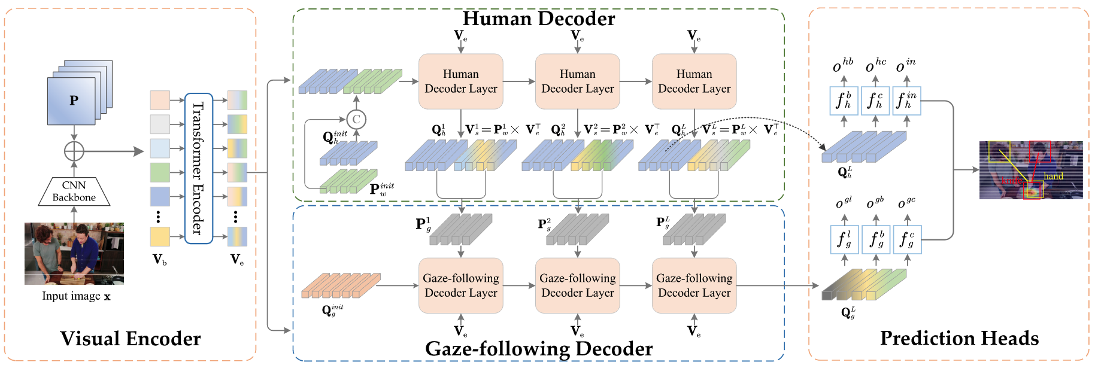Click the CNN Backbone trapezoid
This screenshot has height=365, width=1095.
tap(74, 191)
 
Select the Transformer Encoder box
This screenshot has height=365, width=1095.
tap(199, 168)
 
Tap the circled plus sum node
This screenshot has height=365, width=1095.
tap(74, 151)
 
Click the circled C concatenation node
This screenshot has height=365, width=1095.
tap(356, 119)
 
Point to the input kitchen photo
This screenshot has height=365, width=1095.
tap(74, 253)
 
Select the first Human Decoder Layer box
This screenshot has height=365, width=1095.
tap(460, 81)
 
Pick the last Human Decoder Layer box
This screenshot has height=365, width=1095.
tap(694, 81)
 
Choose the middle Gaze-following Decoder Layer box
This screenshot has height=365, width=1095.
tap(577, 285)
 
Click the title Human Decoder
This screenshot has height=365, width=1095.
tap(538, 19)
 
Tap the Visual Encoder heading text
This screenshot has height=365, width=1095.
tap(131, 339)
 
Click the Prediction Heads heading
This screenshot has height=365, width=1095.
tap(959, 338)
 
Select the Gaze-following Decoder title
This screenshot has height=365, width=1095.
tap(538, 349)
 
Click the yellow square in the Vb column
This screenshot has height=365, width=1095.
tap(160, 236)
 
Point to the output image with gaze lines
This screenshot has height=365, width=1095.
tap(1030, 170)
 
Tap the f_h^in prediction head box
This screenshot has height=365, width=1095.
tap(906, 101)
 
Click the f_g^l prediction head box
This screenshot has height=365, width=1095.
tap(844, 239)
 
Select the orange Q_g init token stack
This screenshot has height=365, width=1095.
tap(340, 285)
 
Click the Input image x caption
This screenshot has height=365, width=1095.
tap(76, 296)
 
